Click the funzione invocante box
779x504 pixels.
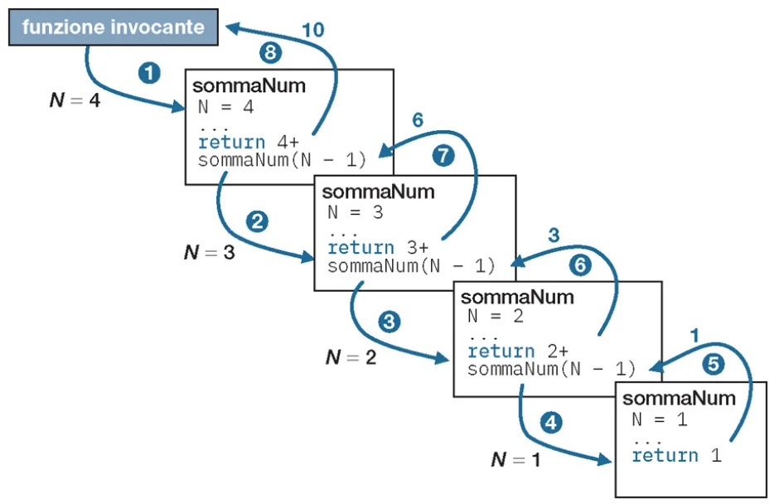pyautogui.click(x=114, y=27)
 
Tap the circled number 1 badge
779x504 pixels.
pyautogui.click(x=149, y=73)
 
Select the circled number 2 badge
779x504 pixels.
pyautogui.click(x=258, y=222)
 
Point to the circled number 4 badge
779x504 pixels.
pyautogui.click(x=550, y=422)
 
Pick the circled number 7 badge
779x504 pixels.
pyautogui.click(x=443, y=157)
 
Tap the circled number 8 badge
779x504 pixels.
pyautogui.click(x=271, y=53)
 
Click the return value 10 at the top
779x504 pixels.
pyautogui.click(x=312, y=30)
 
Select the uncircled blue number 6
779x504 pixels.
pyautogui.click(x=418, y=120)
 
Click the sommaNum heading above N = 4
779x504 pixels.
pyautogui.click(x=249, y=86)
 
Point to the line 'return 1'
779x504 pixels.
pyautogui.click(x=676, y=455)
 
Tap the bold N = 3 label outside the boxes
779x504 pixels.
pyautogui.click(x=209, y=253)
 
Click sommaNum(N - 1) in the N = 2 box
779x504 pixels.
pyautogui.click(x=551, y=369)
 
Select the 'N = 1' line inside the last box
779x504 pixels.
pyautogui.click(x=659, y=419)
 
